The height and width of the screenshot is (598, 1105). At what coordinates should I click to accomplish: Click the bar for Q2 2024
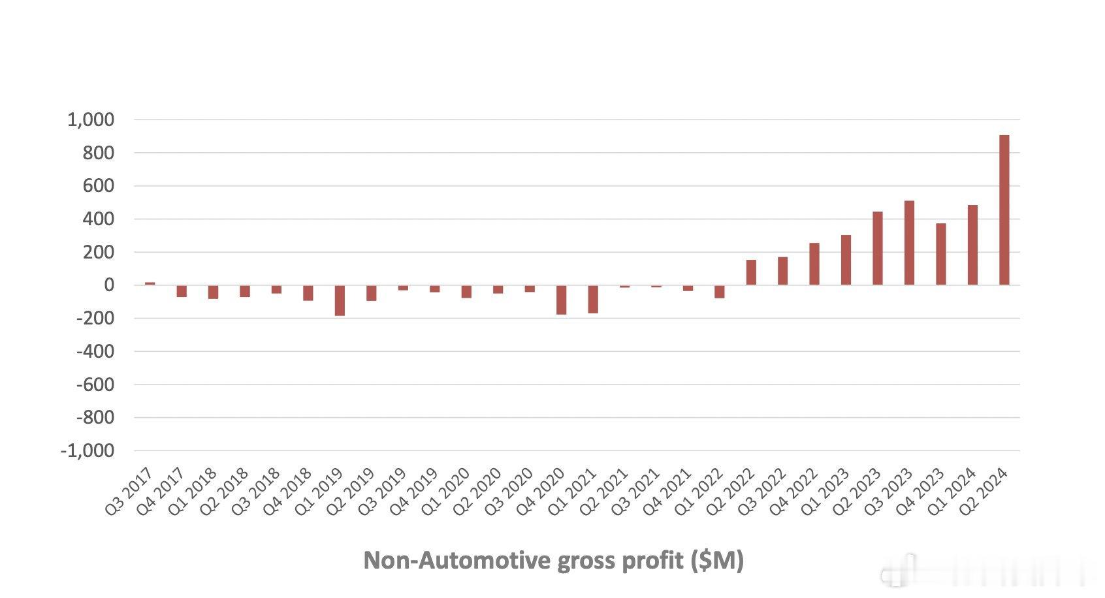tap(1004, 210)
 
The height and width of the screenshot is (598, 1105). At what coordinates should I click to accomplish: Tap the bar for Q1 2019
tap(340, 300)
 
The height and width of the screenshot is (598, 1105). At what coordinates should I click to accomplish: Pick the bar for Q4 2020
tap(561, 300)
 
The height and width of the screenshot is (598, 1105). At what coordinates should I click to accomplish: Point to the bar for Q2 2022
tap(751, 272)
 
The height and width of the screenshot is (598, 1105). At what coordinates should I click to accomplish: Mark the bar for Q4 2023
tap(941, 254)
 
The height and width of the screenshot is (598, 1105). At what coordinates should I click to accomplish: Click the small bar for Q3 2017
tap(150, 283)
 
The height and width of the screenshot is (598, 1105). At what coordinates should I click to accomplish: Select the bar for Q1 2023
tap(846, 260)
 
